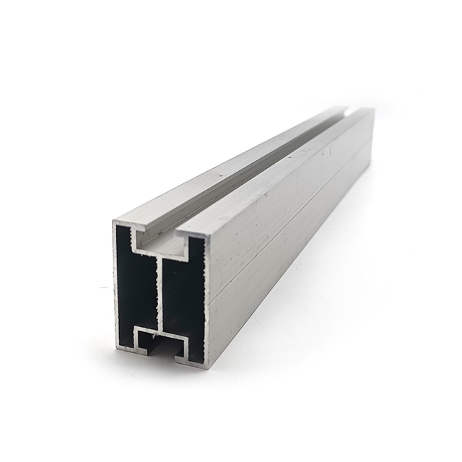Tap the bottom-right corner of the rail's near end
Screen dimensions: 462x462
(208, 367)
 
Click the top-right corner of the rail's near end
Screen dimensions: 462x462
(206, 235)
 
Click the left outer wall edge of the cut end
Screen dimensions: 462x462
(115, 289)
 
